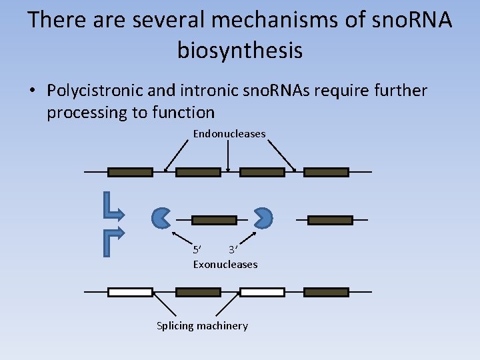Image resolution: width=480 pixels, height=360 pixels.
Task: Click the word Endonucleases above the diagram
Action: [x=229, y=134]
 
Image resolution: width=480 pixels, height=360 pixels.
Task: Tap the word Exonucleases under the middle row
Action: [x=225, y=265]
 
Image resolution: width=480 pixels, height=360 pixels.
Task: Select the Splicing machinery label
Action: [x=202, y=326]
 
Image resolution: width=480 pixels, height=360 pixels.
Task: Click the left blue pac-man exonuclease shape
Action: [x=161, y=217]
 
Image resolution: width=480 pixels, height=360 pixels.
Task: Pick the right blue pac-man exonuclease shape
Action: [x=264, y=217]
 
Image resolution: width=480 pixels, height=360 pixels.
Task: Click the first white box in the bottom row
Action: [x=131, y=292]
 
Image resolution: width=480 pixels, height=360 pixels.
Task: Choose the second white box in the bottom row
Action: [x=262, y=292]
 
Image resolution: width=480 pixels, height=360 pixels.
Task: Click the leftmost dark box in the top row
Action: [x=131, y=172]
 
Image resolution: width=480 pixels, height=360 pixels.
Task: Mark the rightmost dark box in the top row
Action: [x=327, y=172]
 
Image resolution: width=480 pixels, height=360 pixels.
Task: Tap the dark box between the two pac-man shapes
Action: [x=215, y=220]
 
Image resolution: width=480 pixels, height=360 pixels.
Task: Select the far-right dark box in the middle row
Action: [x=331, y=220]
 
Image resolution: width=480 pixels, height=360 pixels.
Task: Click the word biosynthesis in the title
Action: [x=240, y=50]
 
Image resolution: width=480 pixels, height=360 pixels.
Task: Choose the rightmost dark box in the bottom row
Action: [x=327, y=292]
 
